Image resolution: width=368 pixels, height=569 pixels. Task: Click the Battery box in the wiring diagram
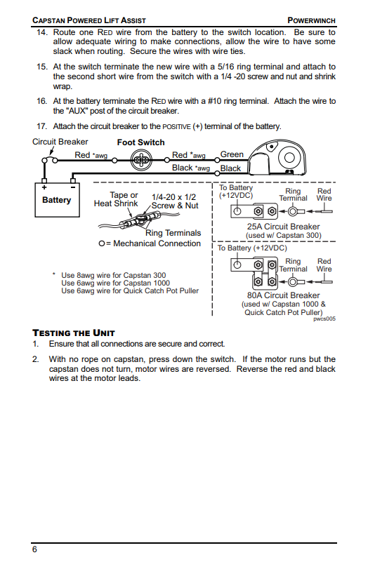coord(57,200)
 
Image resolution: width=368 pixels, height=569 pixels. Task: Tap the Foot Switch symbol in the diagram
coord(140,160)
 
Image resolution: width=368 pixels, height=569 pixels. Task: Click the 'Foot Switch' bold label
coord(141,142)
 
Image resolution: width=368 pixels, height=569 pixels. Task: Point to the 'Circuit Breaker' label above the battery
coord(60,142)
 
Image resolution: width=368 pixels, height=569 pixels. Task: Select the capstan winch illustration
coord(278,159)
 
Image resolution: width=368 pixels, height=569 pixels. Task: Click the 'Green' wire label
coord(232,154)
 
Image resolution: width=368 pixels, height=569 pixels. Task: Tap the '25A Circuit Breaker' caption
coord(283,227)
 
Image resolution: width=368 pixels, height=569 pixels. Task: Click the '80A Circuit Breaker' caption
coord(283,295)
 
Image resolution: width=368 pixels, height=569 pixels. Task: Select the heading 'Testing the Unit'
coord(74,333)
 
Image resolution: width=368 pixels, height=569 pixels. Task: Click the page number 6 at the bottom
coord(34,549)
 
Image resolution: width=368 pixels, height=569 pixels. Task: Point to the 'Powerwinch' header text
coord(311,20)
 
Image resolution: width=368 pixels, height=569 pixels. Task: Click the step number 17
coord(41,126)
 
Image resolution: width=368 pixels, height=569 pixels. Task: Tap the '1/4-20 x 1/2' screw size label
coord(173,197)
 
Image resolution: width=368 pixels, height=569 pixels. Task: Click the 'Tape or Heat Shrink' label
coord(116,199)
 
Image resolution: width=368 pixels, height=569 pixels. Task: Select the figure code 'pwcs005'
coord(324,319)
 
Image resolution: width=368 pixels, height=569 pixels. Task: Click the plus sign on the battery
coord(44,187)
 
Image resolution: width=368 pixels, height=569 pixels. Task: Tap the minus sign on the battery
coord(73,187)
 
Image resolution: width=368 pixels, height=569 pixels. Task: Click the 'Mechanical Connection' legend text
coord(157,243)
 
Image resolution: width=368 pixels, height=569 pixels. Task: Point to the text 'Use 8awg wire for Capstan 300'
coord(113,275)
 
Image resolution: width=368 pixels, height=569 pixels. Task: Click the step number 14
coord(41,32)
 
